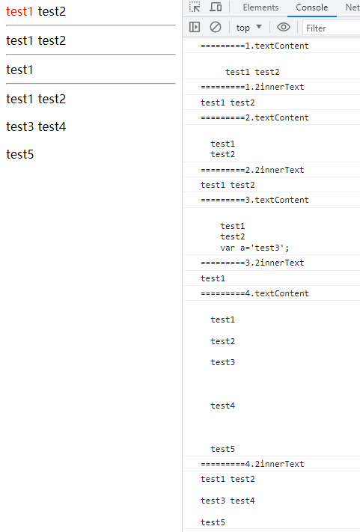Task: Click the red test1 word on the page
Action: coord(19,11)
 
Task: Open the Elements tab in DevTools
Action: coord(260,7)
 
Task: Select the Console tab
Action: coord(312,7)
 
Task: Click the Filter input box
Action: coord(331,28)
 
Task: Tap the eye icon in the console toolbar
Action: coord(284,27)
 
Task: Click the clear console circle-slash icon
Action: coord(216,27)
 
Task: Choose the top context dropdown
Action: coord(249,28)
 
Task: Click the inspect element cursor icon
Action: coord(195,7)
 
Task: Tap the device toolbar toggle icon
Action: coord(216,7)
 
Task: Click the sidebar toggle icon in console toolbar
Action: coord(195,27)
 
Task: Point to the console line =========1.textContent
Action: coord(254,46)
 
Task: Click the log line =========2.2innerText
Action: coord(252,170)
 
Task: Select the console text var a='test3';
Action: coord(254,248)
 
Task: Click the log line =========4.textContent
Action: coord(254,293)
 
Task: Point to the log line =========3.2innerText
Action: coord(252,263)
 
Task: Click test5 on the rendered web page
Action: coord(20,154)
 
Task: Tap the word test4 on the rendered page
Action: coord(52,126)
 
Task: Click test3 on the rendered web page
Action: coord(20,126)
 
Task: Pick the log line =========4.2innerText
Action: coord(252,464)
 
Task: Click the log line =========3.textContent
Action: coord(254,200)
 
